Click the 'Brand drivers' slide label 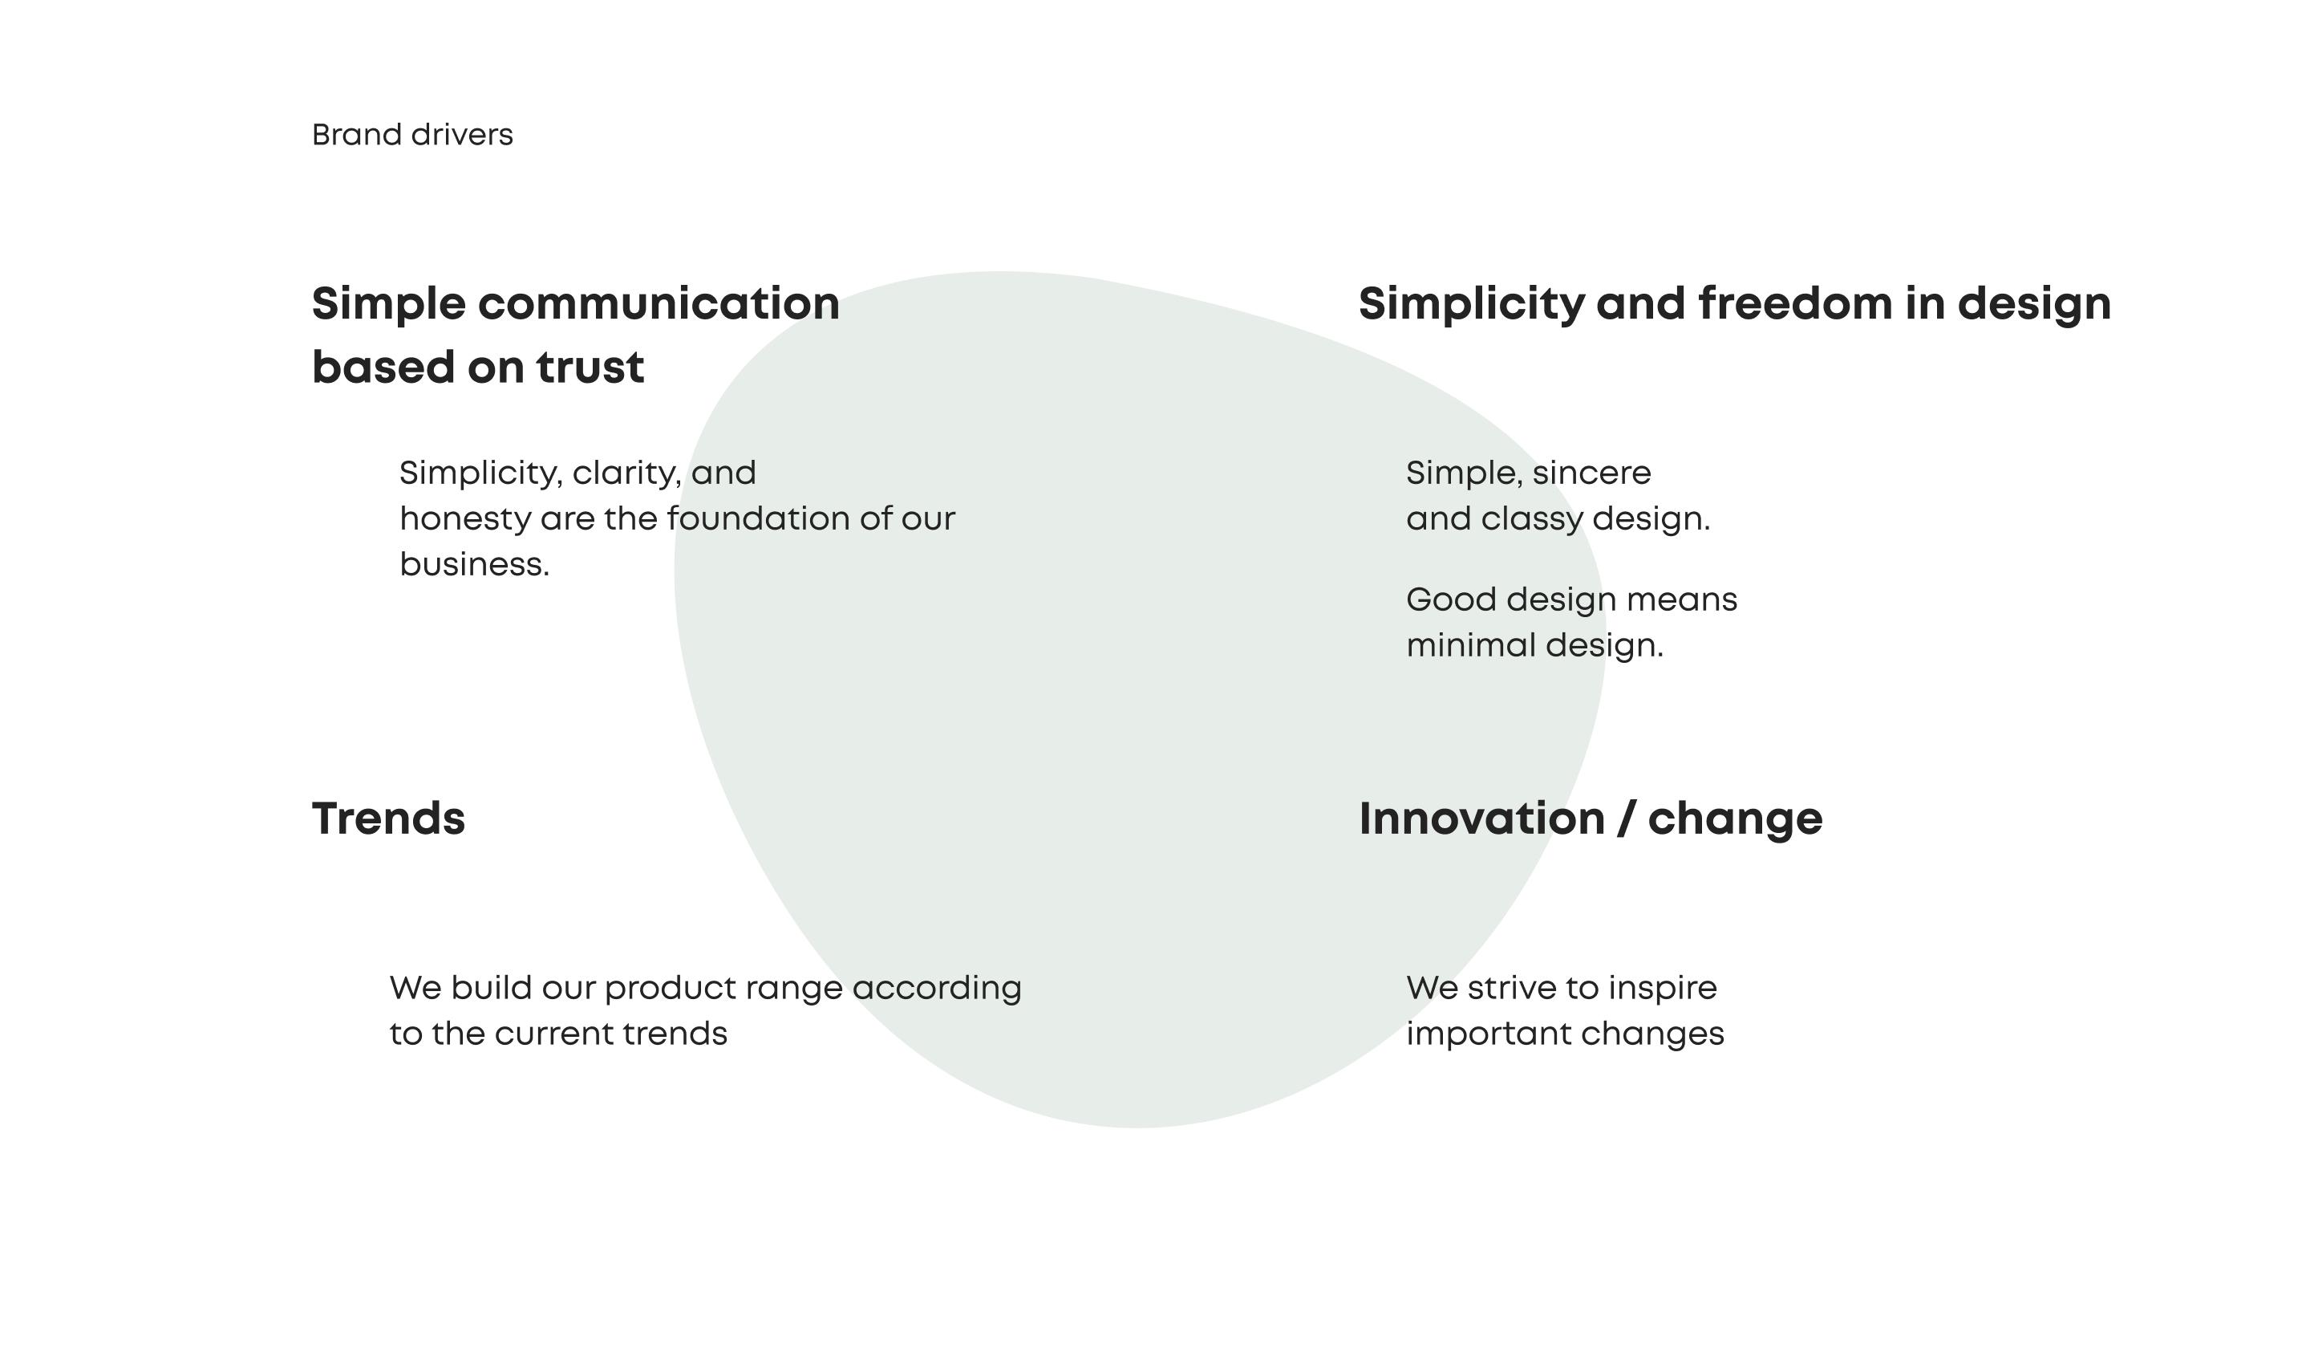click(x=412, y=135)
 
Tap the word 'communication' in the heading click(x=659, y=303)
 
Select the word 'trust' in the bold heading click(x=590, y=368)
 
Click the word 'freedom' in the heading click(x=1795, y=303)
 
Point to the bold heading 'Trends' click(x=389, y=819)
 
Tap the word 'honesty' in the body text click(x=466, y=520)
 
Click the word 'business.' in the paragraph click(x=475, y=564)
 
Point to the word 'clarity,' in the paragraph click(x=627, y=474)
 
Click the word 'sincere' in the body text click(x=1591, y=473)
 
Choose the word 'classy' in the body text click(x=1533, y=520)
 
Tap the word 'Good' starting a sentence click(x=1451, y=599)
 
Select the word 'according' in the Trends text click(x=937, y=989)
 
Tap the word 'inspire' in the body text click(x=1663, y=989)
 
